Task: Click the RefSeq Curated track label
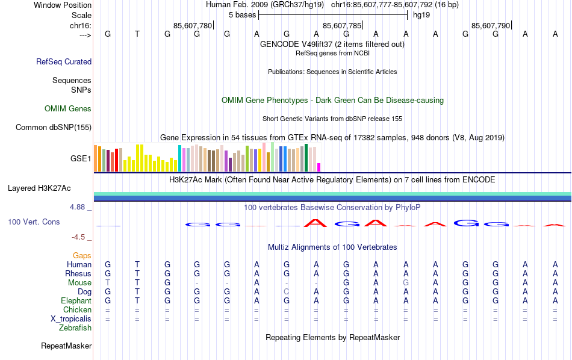64,61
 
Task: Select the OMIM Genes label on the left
68,109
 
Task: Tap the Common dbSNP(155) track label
54,127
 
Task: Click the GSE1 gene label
81,159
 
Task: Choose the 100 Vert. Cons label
34,222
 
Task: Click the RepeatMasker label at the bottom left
66,346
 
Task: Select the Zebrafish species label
75,328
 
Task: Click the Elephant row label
76,301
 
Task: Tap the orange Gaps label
82,256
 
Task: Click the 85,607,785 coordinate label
343,26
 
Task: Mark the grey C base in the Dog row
287,292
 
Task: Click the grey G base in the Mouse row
406,283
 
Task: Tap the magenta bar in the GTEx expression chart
319,167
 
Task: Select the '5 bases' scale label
242,15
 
